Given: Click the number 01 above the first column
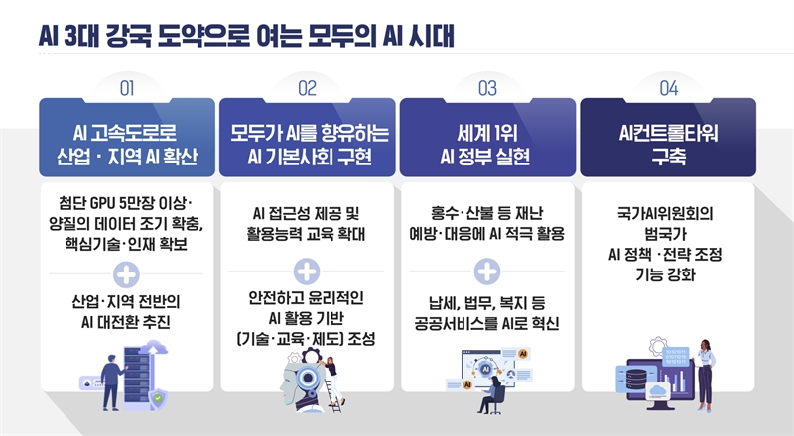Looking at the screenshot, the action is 127,88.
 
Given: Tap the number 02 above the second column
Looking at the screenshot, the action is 307,88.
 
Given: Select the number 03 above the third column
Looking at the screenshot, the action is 487,88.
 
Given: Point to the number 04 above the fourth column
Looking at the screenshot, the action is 668,88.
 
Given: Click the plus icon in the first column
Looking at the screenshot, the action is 126,274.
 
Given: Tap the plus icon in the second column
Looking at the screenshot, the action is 307,272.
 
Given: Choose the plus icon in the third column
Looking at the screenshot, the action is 487,272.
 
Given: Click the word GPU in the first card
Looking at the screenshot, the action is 103,203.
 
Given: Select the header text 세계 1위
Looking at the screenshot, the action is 486,133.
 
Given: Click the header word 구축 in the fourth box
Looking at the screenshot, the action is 668,156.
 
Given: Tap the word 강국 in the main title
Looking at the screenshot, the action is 128,36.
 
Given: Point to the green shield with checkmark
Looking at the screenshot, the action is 158,398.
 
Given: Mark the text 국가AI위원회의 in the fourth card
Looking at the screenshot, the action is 665,213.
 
